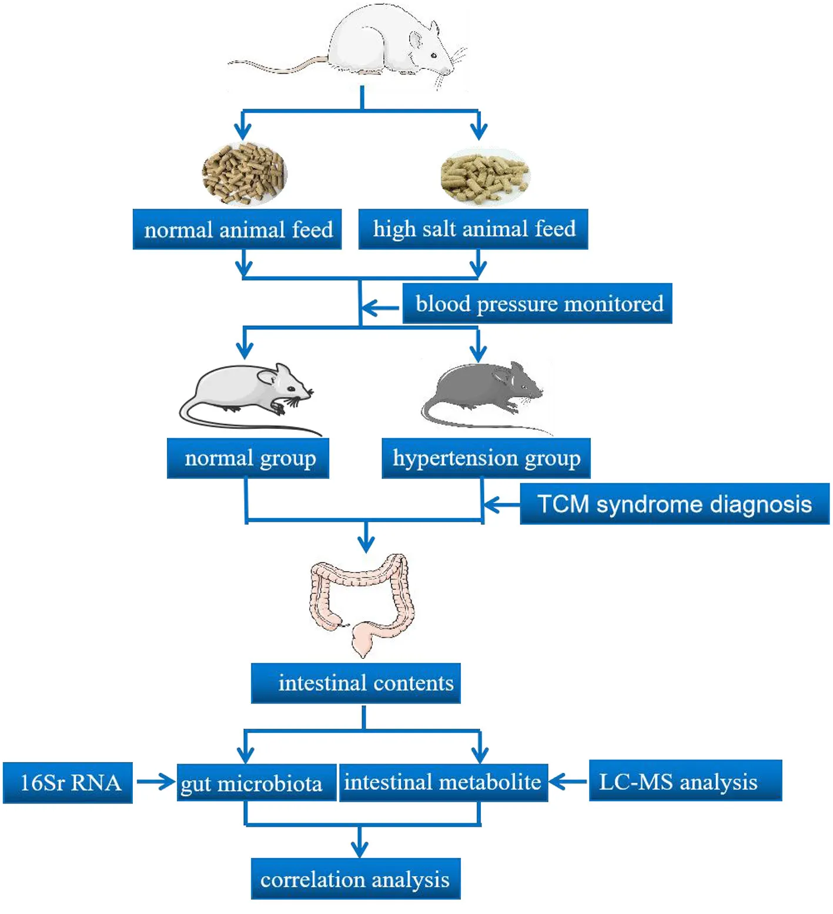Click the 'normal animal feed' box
[237, 229]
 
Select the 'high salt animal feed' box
[473, 229]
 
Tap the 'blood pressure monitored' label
[537, 303]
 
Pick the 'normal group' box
[248, 458]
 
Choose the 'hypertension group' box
[486, 458]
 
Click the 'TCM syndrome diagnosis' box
[674, 504]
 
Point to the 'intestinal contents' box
[356, 683]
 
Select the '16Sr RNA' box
[68, 783]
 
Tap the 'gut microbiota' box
[256, 783]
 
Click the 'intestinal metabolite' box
[444, 783]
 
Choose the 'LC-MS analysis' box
[685, 781]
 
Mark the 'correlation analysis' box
[356, 879]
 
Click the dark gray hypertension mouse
[485, 391]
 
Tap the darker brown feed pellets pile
[244, 174]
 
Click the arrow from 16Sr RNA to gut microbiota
[156, 782]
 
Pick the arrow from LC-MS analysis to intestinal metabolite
[568, 782]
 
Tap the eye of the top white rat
[433, 55]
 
